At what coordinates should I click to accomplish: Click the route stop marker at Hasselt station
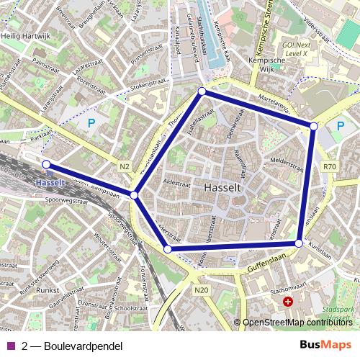47,165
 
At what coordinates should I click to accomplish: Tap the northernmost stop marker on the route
202,91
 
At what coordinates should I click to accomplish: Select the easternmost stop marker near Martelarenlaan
313,126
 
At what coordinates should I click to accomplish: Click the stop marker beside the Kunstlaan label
299,243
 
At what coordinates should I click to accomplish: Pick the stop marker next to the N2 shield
135,195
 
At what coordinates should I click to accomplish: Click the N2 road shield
125,167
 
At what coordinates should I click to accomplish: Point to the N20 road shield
201,290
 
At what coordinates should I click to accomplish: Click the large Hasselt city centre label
222,187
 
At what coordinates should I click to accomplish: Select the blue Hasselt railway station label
49,183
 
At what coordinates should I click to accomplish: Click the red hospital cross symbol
288,302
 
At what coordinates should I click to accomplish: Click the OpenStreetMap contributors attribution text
297,323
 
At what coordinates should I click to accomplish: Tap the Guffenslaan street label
266,266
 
